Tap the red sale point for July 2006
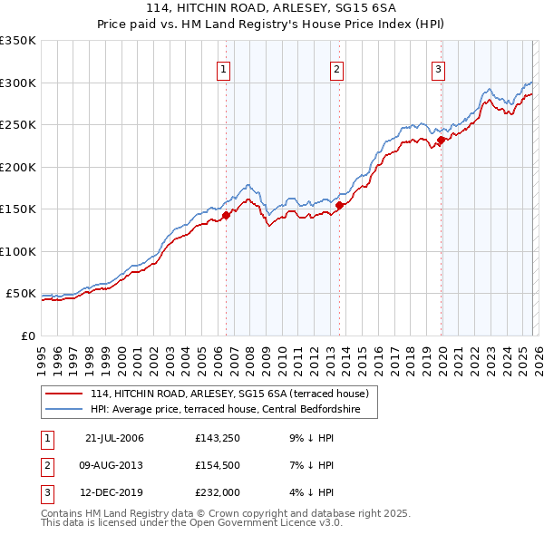[227, 215]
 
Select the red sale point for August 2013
[339, 205]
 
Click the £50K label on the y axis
[21, 294]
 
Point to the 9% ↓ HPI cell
[307, 439]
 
